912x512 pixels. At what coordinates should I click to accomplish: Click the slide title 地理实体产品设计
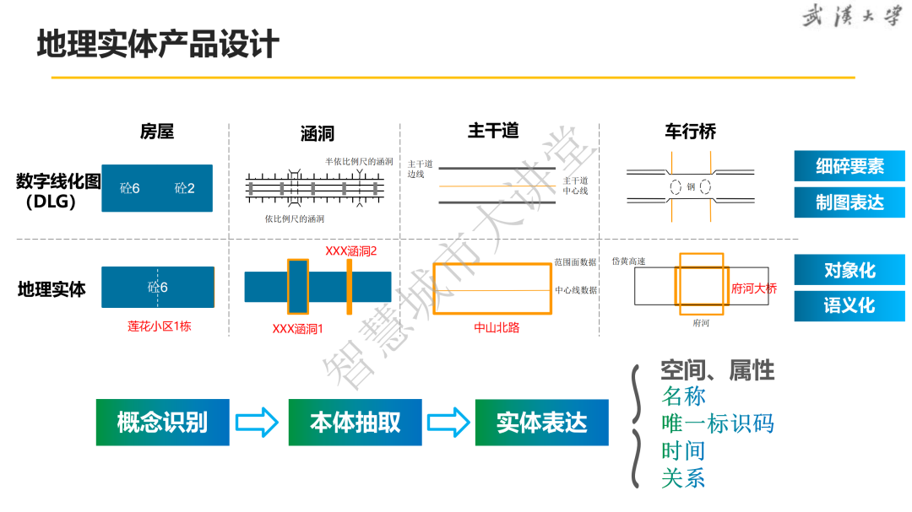pyautogui.click(x=158, y=45)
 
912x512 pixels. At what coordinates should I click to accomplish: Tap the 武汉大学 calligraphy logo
pyautogui.click(x=850, y=16)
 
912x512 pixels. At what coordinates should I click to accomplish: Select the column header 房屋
pyautogui.click(x=157, y=132)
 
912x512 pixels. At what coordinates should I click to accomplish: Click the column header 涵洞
pyautogui.click(x=318, y=134)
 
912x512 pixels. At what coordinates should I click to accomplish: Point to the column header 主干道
pyautogui.click(x=493, y=131)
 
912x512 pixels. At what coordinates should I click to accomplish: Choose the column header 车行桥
pyautogui.click(x=690, y=132)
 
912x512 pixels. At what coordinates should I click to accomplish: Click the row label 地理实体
pyautogui.click(x=52, y=289)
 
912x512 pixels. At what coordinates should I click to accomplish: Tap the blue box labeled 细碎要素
pyautogui.click(x=849, y=167)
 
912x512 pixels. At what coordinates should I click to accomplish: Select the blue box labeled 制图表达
pyautogui.click(x=849, y=203)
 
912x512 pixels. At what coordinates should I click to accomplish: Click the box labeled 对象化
pyautogui.click(x=849, y=271)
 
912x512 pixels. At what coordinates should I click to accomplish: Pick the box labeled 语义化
pyautogui.click(x=849, y=306)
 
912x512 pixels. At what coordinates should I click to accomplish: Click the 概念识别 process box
pyautogui.click(x=162, y=422)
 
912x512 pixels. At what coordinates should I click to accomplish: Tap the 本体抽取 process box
pyautogui.click(x=355, y=422)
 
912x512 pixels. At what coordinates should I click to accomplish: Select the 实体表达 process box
pyautogui.click(x=541, y=422)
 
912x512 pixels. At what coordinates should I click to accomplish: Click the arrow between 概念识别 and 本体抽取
pyautogui.click(x=257, y=422)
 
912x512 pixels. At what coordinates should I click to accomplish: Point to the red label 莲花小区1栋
pyautogui.click(x=160, y=326)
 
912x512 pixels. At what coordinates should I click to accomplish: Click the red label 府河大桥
pyautogui.click(x=754, y=288)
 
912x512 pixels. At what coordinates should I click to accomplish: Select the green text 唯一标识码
pyautogui.click(x=717, y=423)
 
